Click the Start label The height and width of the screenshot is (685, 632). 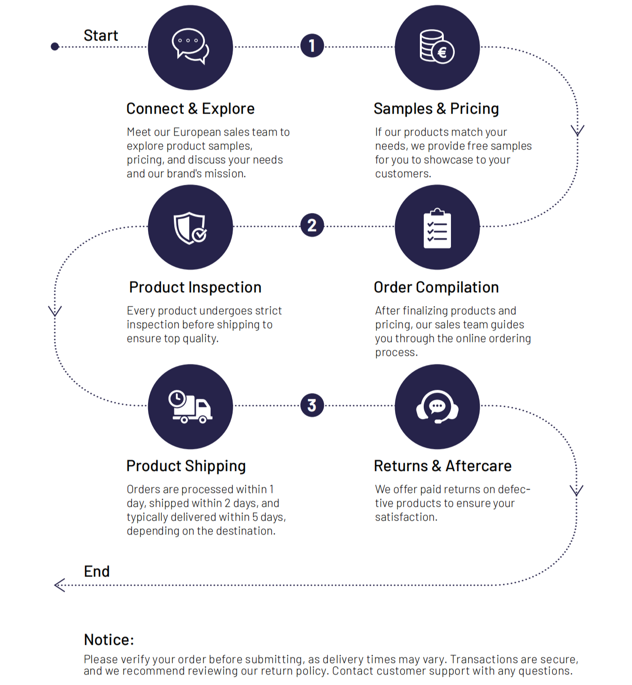click(x=101, y=35)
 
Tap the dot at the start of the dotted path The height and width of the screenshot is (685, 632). click(x=55, y=46)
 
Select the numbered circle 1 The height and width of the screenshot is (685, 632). click(x=312, y=45)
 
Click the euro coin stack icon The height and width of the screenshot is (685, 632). click(x=437, y=46)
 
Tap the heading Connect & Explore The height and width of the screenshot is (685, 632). click(x=191, y=108)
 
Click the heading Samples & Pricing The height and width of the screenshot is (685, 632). click(x=437, y=108)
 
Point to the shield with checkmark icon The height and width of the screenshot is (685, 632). click(x=190, y=228)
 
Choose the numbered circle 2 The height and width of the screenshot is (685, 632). click(x=312, y=225)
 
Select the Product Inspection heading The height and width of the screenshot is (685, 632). click(x=195, y=287)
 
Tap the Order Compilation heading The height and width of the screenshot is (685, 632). click(x=437, y=287)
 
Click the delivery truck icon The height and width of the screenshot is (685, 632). click(x=190, y=407)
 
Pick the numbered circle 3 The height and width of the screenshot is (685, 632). click(x=312, y=405)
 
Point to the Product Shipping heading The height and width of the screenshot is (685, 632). click(x=186, y=466)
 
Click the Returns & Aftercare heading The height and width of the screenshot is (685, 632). click(x=443, y=466)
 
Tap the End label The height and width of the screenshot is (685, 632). click(x=97, y=571)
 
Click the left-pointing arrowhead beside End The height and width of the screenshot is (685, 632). click(x=60, y=585)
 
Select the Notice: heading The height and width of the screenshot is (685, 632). click(x=109, y=640)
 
